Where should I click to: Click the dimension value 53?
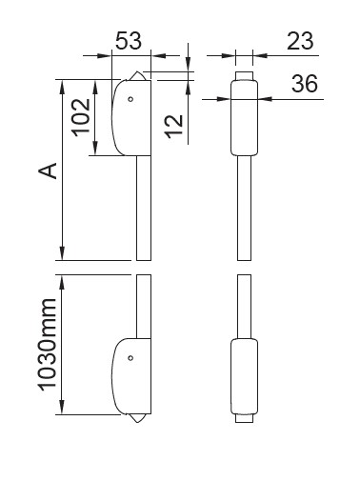129,41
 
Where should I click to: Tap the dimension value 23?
300,41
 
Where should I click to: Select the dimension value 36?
305,84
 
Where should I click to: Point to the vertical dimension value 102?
81,117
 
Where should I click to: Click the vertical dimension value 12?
174,126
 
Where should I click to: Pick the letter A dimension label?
48,170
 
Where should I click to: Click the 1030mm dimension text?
48,345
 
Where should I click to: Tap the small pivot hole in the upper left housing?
130,99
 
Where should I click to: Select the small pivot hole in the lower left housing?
130,358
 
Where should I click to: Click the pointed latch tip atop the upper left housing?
137,76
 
